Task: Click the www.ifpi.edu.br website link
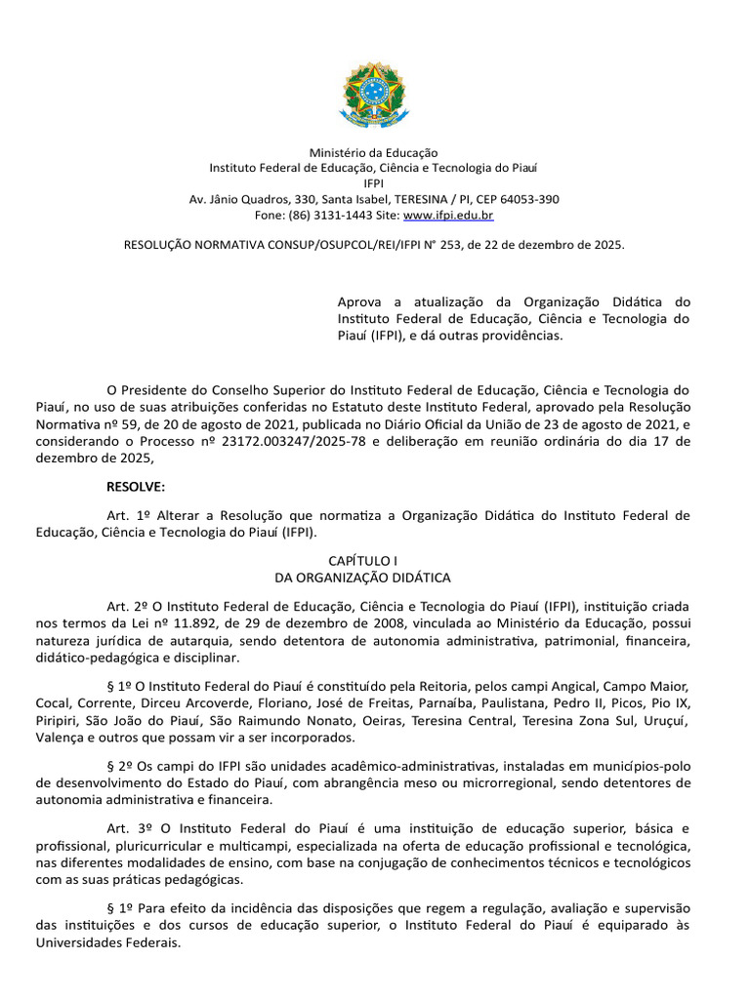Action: (448, 215)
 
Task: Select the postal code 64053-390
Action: (526, 199)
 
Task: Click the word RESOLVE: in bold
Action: (136, 486)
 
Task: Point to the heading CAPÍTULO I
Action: (374, 563)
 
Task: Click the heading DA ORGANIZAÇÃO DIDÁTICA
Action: (374, 579)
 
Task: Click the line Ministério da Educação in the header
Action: (374, 153)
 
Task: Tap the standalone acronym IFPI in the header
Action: (374, 183)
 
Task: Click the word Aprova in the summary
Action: (359, 301)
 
